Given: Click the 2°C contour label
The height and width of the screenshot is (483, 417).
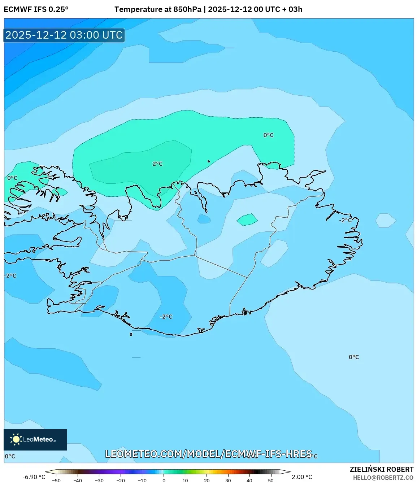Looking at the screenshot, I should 157,164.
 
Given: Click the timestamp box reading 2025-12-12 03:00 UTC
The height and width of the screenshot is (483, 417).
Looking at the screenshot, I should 64,35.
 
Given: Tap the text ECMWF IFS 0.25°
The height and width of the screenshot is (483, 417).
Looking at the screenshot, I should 36,9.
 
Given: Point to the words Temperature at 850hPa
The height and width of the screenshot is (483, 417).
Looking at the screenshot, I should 158,9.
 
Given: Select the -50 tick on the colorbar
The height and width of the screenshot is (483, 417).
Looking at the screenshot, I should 56,480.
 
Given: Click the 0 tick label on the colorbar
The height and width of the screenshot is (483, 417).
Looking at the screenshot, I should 164,480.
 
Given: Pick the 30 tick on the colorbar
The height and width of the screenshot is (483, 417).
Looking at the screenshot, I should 228,480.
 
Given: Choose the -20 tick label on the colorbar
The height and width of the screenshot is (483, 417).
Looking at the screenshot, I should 121,480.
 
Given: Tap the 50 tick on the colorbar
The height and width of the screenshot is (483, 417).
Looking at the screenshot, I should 271,480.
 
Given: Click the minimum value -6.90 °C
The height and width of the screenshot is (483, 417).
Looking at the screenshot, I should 34,477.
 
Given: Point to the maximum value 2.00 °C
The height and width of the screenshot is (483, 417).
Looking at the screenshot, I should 302,477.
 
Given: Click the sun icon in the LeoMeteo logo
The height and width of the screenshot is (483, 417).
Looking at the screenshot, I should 16,439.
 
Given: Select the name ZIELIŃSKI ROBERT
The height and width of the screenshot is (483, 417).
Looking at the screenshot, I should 382,469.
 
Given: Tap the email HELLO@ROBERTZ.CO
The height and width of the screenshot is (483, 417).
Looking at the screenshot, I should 383,478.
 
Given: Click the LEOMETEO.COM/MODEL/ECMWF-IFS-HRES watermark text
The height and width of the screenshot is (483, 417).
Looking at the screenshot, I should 208,454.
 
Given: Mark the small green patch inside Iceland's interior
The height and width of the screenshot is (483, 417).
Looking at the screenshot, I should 247,219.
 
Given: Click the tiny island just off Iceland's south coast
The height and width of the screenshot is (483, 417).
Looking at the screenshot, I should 131,334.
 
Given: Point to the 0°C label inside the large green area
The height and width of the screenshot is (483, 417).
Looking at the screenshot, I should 268,135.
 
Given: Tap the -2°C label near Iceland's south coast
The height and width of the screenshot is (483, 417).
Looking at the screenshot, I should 166,317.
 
